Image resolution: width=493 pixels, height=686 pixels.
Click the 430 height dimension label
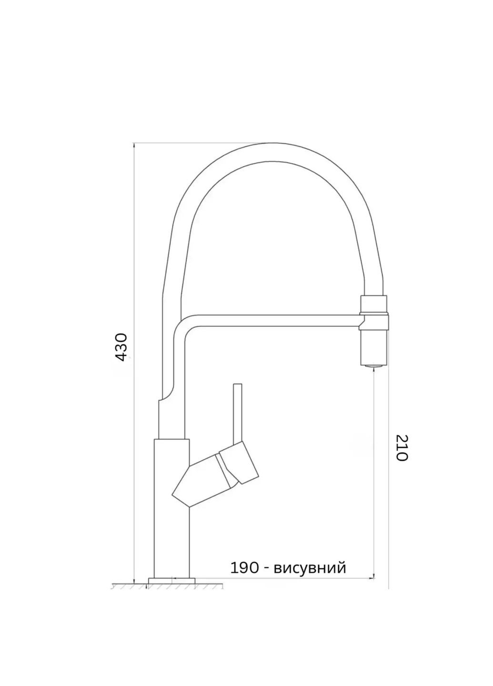(x=122, y=347)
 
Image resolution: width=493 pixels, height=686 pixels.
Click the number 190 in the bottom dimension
(x=244, y=567)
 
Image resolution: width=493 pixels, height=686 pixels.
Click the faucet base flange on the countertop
(x=171, y=580)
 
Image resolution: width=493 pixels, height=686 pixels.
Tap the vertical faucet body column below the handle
(x=171, y=538)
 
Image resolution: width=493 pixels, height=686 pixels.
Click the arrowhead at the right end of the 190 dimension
(x=371, y=577)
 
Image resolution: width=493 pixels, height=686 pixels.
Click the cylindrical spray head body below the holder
(x=375, y=345)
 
